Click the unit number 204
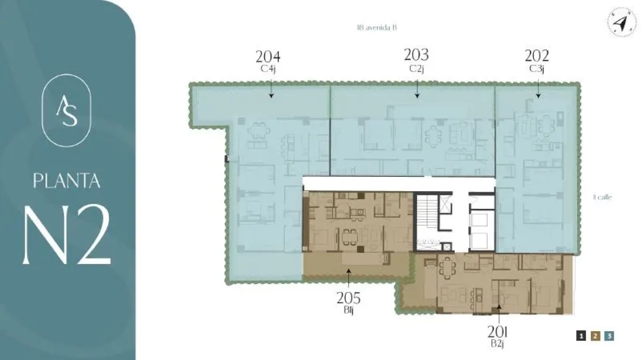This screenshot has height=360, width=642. click(268, 57)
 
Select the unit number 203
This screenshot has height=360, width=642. click(416, 55)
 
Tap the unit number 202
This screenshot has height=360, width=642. click(537, 56)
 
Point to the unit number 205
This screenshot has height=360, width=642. click(348, 298)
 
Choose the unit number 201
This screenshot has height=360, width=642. click(498, 332)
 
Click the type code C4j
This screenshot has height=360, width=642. click(268, 69)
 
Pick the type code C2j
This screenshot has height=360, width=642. click(417, 68)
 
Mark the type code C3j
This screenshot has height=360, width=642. click(537, 69)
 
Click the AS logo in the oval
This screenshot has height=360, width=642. click(66, 111)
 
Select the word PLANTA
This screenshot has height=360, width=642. click(66, 180)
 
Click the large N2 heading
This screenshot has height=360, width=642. click(67, 235)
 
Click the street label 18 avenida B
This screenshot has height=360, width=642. click(376, 27)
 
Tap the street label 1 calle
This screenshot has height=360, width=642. click(602, 197)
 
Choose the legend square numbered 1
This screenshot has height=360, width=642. click(581, 336)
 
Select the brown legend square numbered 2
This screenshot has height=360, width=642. click(595, 336)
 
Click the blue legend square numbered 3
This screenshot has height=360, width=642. click(609, 336)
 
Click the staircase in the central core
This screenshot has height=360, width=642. click(425, 214)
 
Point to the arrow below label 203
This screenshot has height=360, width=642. click(417, 89)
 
